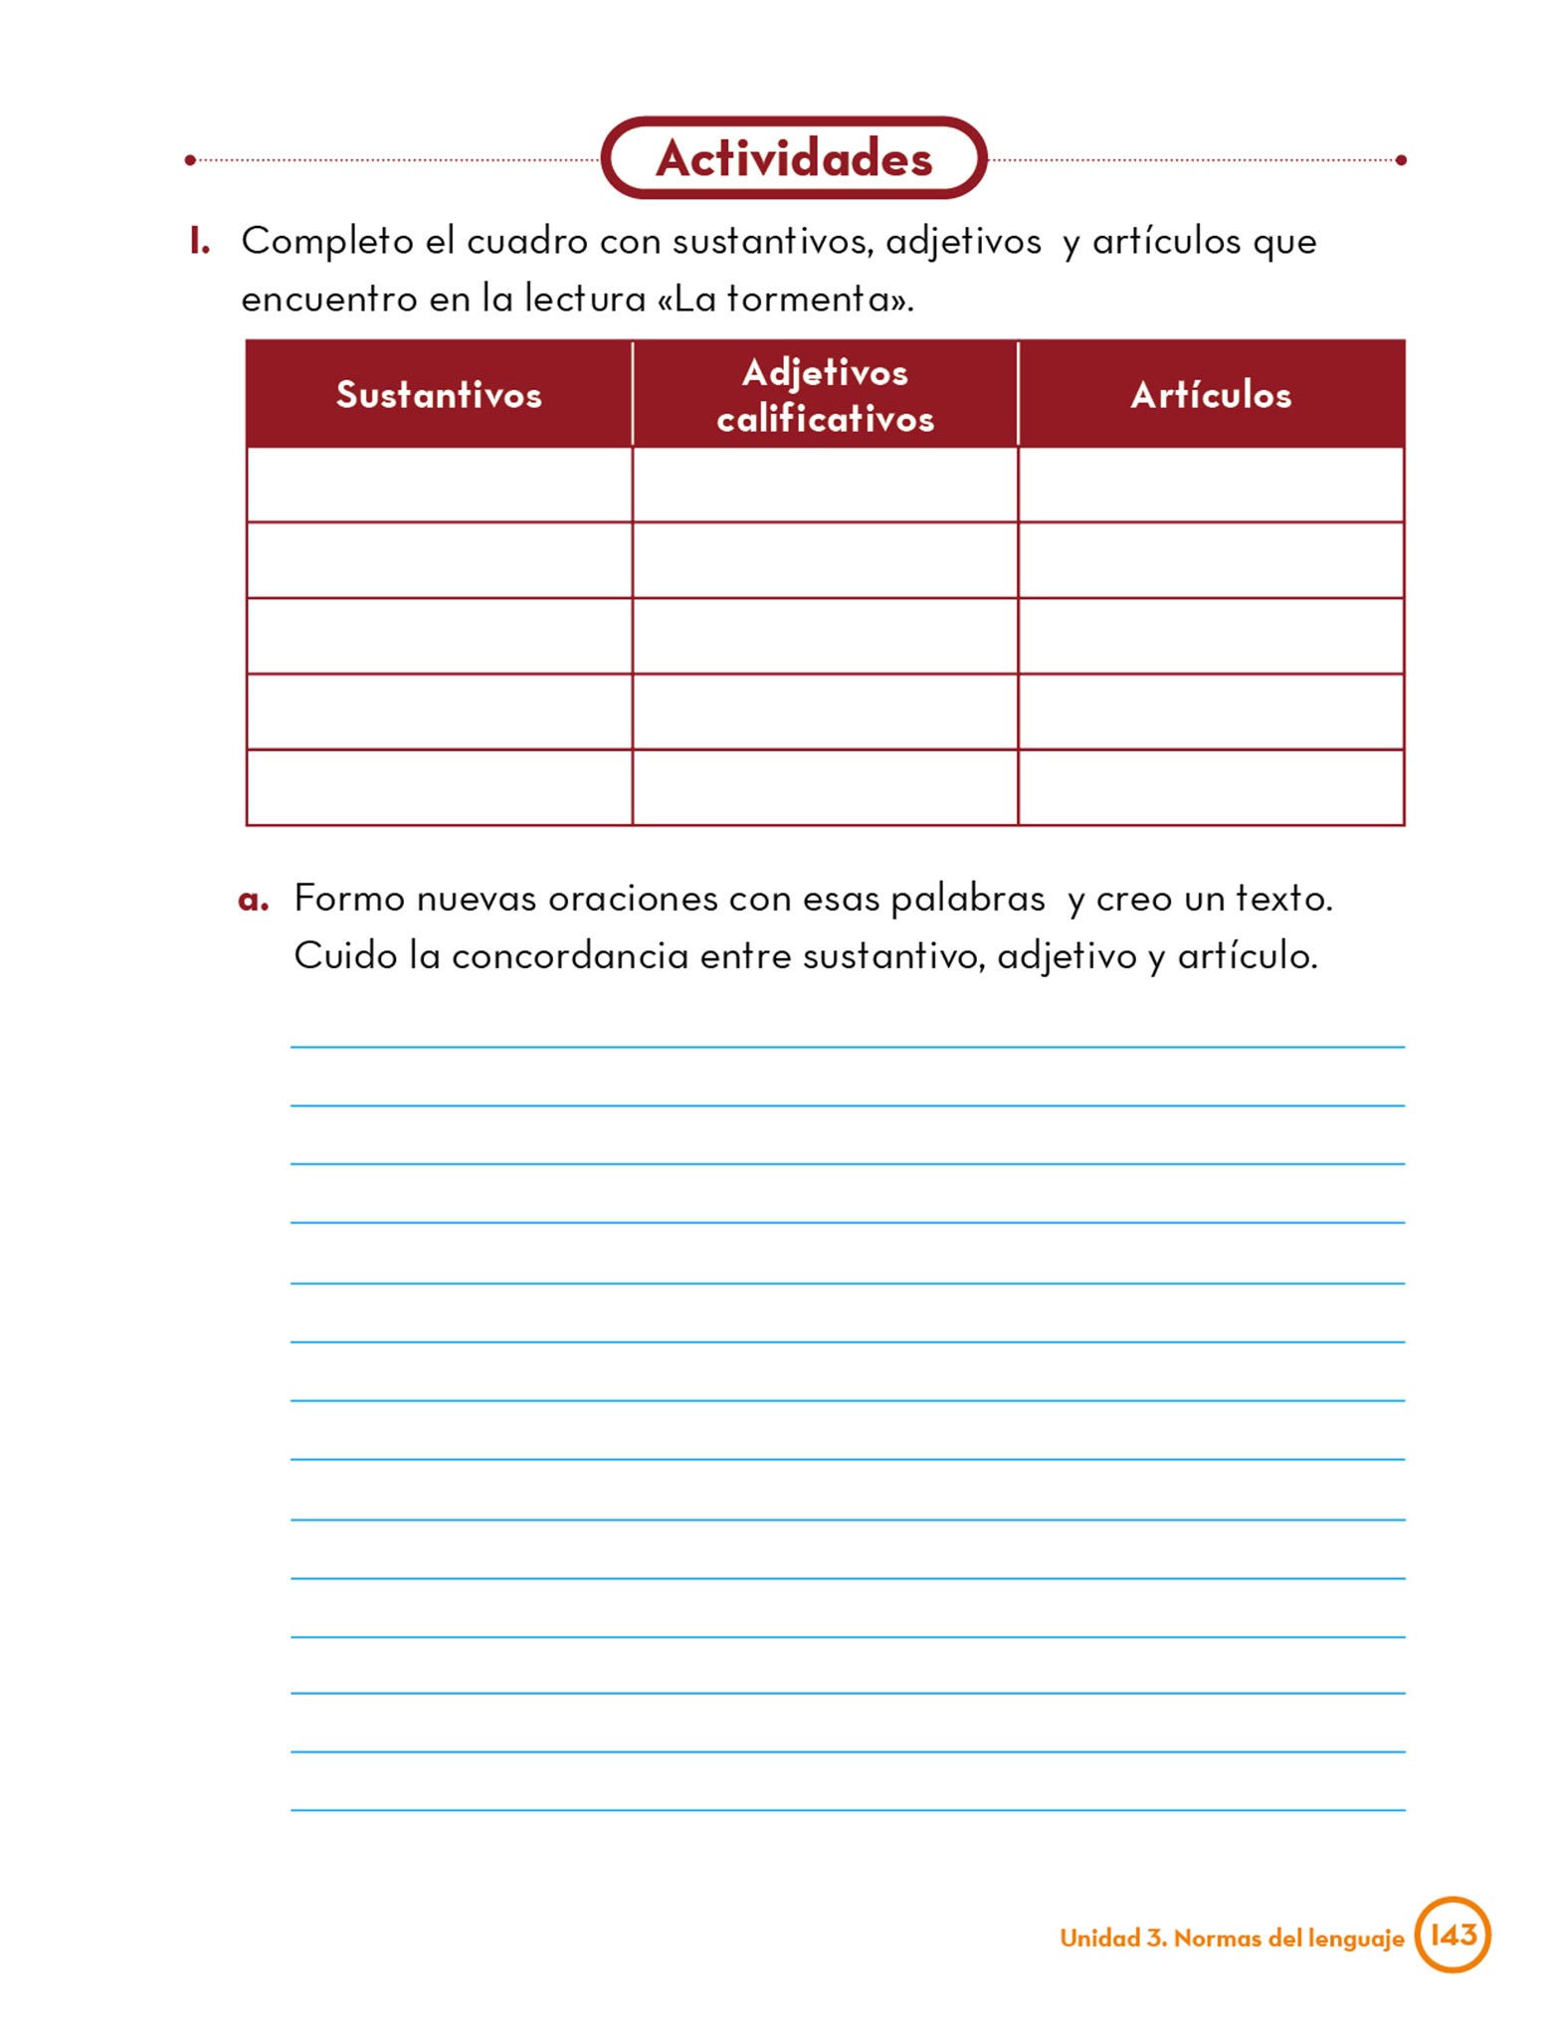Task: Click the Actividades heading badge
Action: click(794, 158)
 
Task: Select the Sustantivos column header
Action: click(439, 395)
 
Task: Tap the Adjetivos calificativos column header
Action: click(825, 395)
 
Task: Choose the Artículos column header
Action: click(1211, 395)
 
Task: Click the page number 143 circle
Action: click(1453, 1935)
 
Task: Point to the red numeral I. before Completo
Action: click(200, 241)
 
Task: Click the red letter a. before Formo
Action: click(254, 900)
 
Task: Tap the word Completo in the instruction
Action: click(327, 242)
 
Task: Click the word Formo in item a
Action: click(349, 899)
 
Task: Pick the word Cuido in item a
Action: click(344, 956)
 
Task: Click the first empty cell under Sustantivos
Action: click(439, 485)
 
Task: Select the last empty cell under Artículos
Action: click(1211, 788)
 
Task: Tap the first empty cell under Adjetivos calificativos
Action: click(825, 485)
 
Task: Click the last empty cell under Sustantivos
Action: click(439, 788)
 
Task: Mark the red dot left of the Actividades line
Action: click(190, 159)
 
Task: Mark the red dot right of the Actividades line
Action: click(1401, 159)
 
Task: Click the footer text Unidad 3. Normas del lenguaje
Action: click(1232, 1937)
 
